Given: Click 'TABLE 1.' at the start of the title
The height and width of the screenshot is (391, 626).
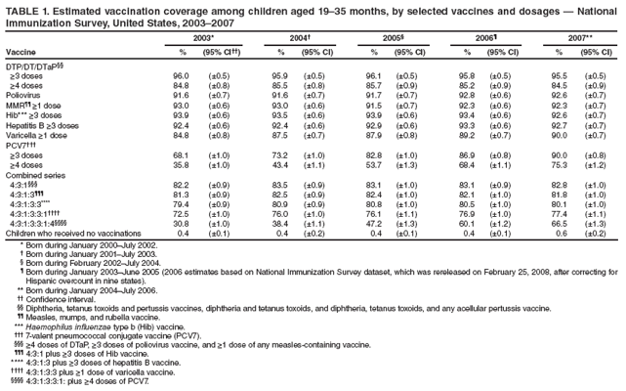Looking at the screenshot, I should coord(24,8).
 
